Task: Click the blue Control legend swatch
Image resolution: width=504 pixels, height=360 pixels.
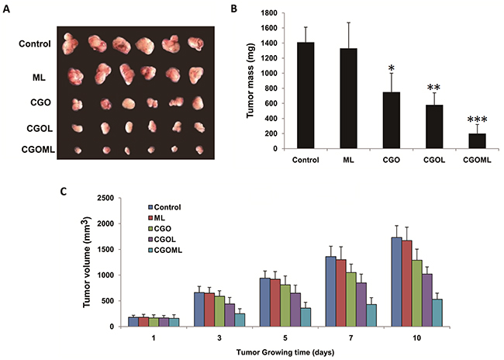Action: click(150, 206)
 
